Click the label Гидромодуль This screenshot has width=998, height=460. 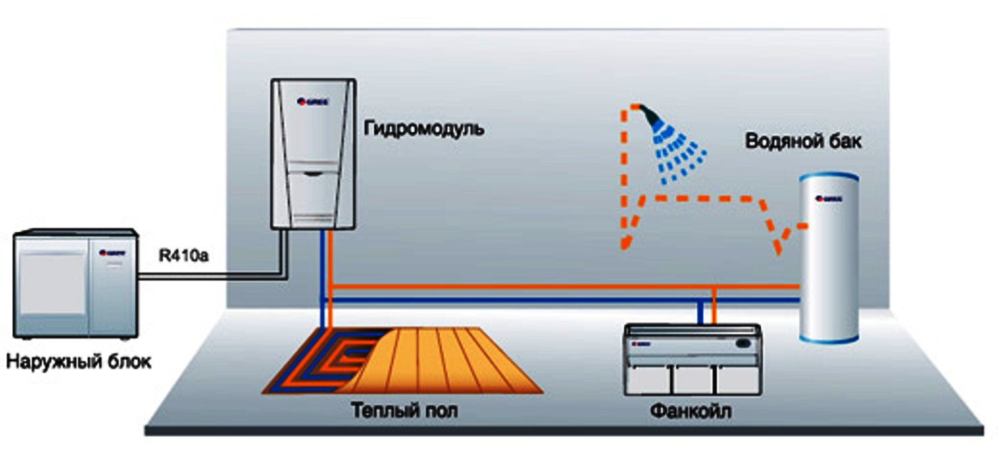[424, 128]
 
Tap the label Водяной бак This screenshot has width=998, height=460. [803, 142]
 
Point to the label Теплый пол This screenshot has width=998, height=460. [404, 409]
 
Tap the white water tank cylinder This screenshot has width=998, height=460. [828, 257]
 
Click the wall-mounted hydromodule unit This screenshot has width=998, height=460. [313, 154]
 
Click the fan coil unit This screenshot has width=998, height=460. [691, 359]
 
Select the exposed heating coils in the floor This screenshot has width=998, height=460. [320, 362]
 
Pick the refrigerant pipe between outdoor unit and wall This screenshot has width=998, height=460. [212, 275]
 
